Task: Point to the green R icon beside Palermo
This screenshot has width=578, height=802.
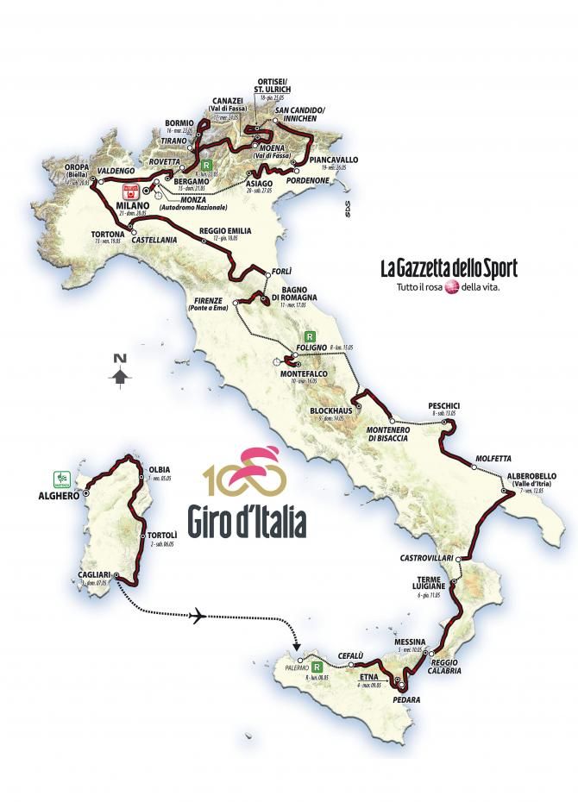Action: point(317,667)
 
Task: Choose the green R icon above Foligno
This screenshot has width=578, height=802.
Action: point(309,337)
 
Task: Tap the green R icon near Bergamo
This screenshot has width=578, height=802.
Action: point(205,163)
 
